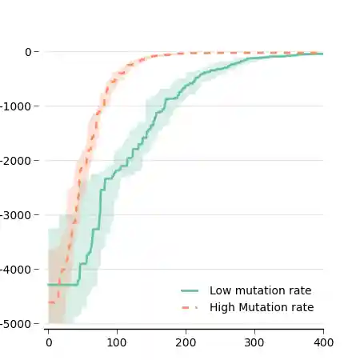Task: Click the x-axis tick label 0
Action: point(48,342)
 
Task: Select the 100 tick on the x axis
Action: point(117,342)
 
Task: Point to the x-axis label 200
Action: point(186,342)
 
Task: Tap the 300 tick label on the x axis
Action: point(254,342)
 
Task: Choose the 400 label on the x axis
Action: point(323,342)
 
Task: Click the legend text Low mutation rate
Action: point(260,291)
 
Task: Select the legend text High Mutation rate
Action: point(262,307)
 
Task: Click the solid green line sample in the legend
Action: point(190,291)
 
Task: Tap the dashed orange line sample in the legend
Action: point(190,307)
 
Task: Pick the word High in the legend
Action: point(222,307)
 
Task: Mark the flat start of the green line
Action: point(62,285)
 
